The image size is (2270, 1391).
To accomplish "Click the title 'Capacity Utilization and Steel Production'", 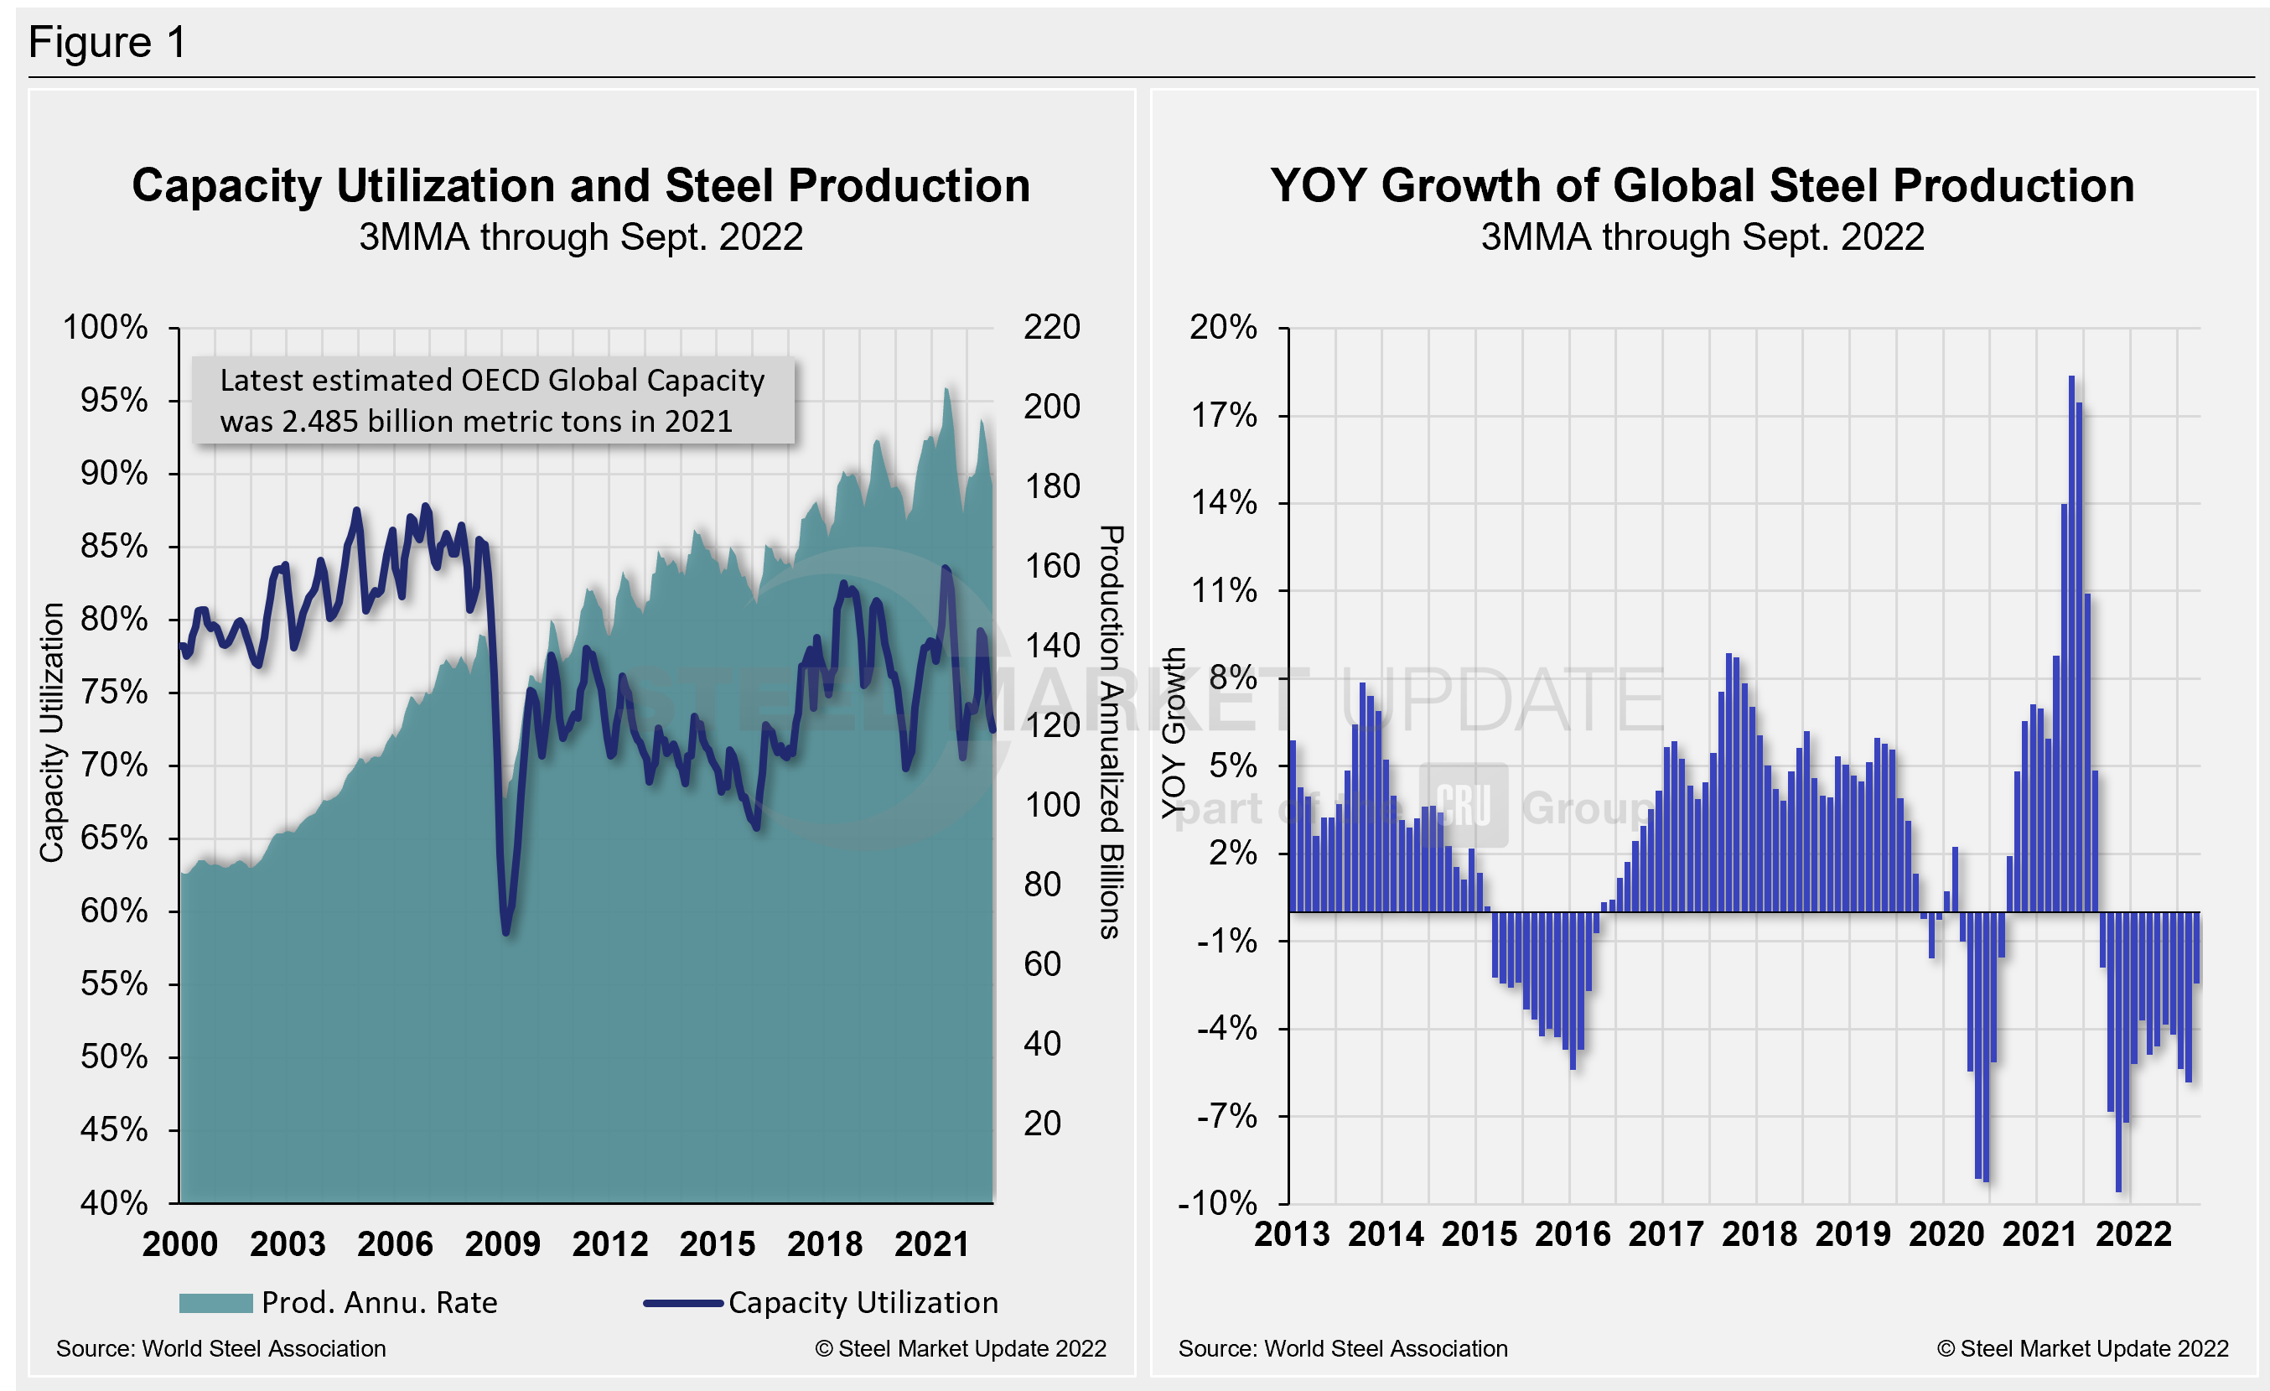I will [x=580, y=186].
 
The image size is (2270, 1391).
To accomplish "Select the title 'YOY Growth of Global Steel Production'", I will [x=1702, y=186].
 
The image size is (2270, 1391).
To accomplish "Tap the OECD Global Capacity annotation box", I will [x=493, y=401].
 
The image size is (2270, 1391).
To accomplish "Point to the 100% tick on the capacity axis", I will [x=104, y=327].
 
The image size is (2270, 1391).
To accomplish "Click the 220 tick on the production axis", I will [x=1051, y=327].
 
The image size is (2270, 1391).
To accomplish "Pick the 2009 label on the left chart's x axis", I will [x=502, y=1244].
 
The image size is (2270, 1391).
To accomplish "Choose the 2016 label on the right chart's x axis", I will [x=1573, y=1234].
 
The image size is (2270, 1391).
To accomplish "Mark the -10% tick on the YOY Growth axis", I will [x=1217, y=1203].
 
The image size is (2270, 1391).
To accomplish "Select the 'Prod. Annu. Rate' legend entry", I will [x=339, y=1303].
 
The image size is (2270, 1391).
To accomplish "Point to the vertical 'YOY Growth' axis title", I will [x=1173, y=732].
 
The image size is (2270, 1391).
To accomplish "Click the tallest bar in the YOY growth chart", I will [x=2072, y=645].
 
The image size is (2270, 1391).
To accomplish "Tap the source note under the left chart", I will [x=221, y=1348].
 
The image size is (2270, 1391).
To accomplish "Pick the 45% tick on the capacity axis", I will [x=113, y=1129].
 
